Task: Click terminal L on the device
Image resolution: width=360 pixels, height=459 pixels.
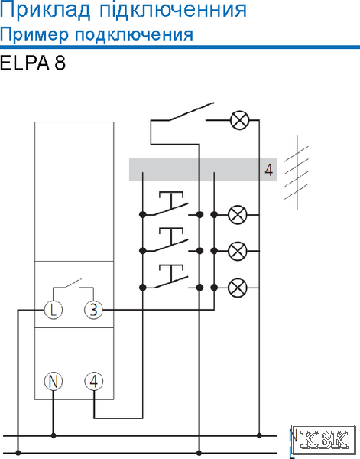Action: tap(54, 309)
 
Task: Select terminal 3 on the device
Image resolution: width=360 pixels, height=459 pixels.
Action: tap(93, 309)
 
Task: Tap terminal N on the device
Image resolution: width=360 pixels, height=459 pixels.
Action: tap(54, 381)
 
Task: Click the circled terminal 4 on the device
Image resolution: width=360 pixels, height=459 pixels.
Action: tap(93, 381)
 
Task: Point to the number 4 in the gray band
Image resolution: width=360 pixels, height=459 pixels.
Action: tap(269, 170)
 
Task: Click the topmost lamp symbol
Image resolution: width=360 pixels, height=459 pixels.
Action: tap(240, 120)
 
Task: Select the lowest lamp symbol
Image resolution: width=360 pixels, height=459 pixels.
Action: tap(237, 288)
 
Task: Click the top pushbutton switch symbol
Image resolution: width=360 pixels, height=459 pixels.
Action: tap(170, 204)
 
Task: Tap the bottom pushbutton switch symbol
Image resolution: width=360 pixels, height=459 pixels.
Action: tap(170, 277)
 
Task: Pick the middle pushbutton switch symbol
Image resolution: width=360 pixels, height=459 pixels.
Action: tap(170, 240)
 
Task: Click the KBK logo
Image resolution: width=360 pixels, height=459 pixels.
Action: tap(323, 440)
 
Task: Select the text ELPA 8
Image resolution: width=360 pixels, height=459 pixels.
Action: tap(33, 63)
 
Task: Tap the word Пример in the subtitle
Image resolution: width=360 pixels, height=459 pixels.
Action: tap(34, 35)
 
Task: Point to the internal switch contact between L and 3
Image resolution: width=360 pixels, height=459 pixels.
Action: tap(73, 284)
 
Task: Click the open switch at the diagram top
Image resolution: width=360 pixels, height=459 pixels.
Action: tap(190, 111)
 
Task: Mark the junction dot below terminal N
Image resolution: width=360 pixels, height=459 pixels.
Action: tap(54, 435)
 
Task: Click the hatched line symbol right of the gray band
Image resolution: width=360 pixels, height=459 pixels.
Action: tap(297, 173)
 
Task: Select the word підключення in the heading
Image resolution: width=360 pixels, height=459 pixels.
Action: tap(174, 11)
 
